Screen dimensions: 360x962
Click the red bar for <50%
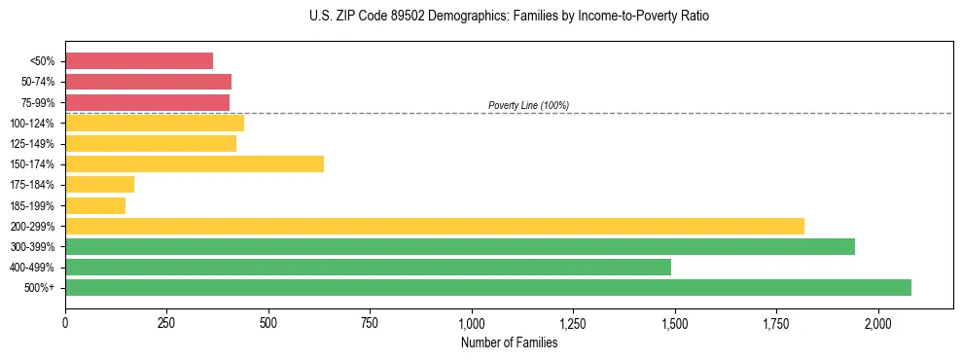tap(139, 61)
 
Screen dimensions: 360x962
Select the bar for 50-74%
tap(148, 82)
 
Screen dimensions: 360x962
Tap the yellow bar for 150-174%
tap(195, 163)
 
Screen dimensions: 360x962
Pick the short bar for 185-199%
tap(95, 205)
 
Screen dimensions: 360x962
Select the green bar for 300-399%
tap(460, 246)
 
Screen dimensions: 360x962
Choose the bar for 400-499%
tap(368, 267)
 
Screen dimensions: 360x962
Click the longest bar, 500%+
tap(488, 287)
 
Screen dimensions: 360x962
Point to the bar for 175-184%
tap(99, 184)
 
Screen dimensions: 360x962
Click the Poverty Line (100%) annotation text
tap(528, 105)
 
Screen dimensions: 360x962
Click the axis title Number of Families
tap(509, 342)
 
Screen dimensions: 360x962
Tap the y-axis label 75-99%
tap(38, 102)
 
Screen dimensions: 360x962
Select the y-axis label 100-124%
tap(34, 123)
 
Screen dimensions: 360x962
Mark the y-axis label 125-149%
tap(34, 143)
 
